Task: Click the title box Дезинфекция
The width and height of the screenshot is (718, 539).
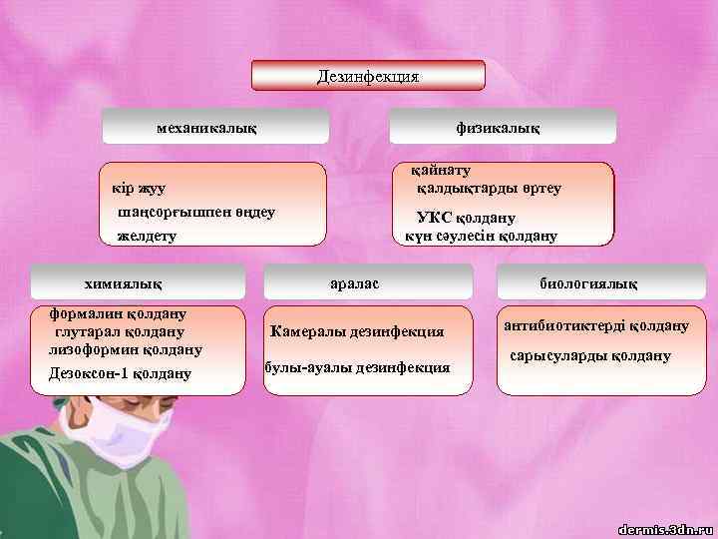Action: (x=367, y=76)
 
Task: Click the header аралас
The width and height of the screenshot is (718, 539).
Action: (x=354, y=284)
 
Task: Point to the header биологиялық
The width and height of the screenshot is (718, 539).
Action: (x=587, y=284)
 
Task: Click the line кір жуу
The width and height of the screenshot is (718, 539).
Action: (x=139, y=188)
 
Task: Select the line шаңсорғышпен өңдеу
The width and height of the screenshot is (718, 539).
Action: (x=195, y=213)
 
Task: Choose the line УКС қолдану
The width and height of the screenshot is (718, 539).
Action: (x=465, y=219)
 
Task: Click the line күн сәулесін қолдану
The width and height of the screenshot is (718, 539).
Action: (x=481, y=237)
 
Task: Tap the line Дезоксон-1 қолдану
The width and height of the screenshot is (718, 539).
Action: (x=119, y=374)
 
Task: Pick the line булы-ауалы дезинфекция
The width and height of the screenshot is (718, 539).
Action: (x=357, y=367)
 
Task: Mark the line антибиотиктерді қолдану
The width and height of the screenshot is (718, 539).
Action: (x=596, y=325)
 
